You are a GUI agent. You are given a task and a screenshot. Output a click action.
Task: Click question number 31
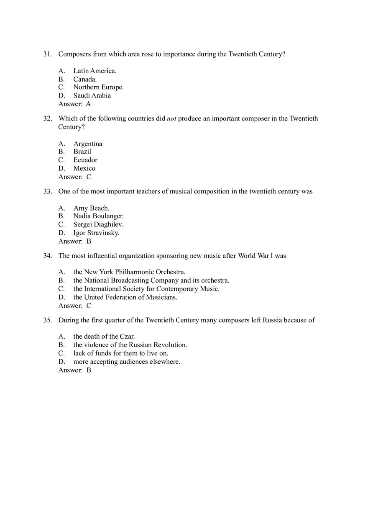click(47, 54)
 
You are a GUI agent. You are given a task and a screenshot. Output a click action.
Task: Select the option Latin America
click(95, 71)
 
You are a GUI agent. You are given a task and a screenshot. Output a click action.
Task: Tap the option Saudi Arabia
click(92, 95)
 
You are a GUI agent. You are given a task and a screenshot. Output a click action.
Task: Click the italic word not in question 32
click(171, 118)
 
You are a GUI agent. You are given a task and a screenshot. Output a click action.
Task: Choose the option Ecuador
click(85, 160)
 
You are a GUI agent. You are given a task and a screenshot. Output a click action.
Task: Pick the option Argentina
click(88, 144)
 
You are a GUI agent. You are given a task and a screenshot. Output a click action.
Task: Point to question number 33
click(47, 191)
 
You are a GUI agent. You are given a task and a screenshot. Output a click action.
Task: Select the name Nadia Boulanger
click(98, 216)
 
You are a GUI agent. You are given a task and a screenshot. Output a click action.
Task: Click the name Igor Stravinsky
click(96, 233)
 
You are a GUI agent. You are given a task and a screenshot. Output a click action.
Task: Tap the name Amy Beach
click(91, 208)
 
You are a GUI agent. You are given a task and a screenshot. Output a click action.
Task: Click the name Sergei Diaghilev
click(98, 224)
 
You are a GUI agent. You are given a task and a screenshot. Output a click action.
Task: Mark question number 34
click(47, 256)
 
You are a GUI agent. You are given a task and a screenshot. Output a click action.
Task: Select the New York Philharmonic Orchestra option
click(129, 272)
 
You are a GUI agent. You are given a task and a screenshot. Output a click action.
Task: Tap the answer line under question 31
click(74, 104)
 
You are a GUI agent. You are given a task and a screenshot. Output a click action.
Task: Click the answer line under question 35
click(74, 370)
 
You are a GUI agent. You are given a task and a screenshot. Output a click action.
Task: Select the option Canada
click(85, 79)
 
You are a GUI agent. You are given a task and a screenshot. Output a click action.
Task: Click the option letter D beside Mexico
click(61, 168)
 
